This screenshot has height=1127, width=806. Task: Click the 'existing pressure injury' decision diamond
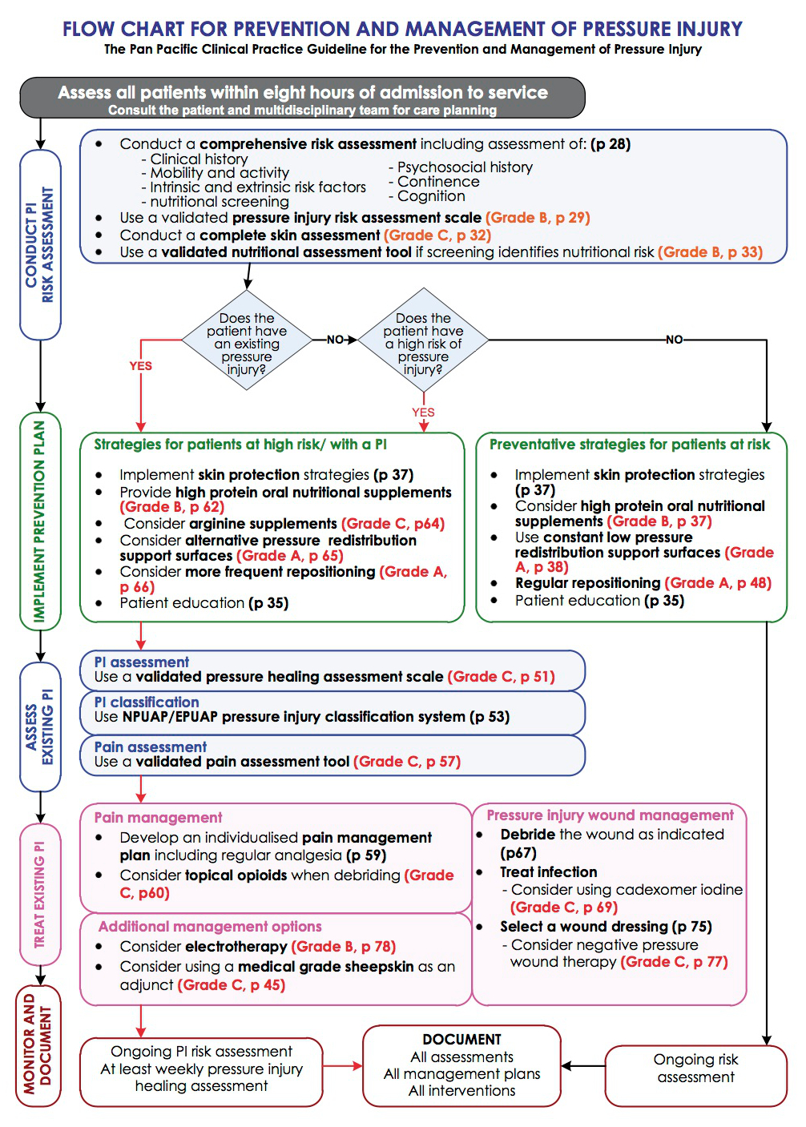[x=247, y=340]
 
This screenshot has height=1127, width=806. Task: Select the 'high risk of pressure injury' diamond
[x=423, y=340]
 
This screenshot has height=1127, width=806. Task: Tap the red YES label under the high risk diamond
[x=423, y=413]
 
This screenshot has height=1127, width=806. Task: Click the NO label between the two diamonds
[x=335, y=340]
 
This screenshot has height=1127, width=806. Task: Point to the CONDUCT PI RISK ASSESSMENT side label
[x=40, y=245]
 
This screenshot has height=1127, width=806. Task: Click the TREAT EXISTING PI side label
[x=40, y=895]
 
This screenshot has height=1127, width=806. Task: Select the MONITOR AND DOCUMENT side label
[x=38, y=1051]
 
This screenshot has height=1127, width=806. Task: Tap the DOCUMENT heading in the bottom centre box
[x=461, y=1040]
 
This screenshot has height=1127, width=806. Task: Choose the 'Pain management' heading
[x=158, y=817]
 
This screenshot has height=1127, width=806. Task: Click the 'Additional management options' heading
[x=210, y=926]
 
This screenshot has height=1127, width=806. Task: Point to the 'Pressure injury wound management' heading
[x=610, y=815]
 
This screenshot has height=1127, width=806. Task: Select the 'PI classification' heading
[x=147, y=702]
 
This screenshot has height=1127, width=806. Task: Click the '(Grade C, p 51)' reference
[x=501, y=677]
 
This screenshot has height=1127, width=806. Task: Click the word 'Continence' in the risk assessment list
[x=438, y=182]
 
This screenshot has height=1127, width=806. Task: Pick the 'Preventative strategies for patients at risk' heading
[x=630, y=445]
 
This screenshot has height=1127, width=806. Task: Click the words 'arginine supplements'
[x=263, y=524]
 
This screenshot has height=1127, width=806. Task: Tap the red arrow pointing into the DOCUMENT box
[x=342, y=1065]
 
